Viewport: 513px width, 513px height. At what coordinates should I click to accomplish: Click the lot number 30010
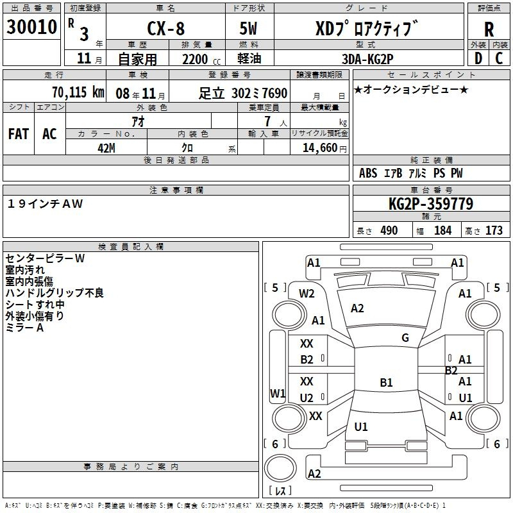31,27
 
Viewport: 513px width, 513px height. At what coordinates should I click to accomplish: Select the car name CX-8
166,28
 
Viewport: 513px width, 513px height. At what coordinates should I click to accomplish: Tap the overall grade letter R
489,29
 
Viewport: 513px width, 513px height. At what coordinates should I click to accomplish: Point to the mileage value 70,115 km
78,92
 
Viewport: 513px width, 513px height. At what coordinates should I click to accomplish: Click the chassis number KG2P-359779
431,204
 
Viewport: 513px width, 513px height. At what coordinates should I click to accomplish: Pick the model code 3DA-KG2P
367,59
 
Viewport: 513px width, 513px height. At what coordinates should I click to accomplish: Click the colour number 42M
106,148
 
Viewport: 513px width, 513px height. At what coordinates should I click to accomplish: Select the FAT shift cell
19,134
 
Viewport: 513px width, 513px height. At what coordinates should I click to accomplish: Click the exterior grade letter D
478,58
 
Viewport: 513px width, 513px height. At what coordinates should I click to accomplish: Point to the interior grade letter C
499,58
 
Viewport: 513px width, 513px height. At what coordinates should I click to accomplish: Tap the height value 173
494,230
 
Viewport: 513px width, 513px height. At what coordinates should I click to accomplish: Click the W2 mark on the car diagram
307,294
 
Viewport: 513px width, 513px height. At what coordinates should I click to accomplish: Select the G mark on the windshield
405,337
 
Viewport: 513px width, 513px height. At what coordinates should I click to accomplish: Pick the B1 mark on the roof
386,382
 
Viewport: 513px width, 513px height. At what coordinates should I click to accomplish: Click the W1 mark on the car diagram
278,393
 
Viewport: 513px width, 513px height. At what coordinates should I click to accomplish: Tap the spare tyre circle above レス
280,467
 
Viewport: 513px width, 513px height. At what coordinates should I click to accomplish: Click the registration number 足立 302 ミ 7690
243,93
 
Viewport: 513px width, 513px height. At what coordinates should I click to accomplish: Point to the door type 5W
248,28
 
